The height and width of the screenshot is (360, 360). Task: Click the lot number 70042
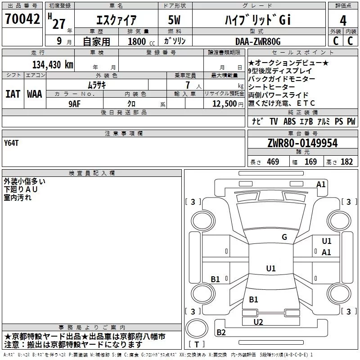click(x=22, y=19)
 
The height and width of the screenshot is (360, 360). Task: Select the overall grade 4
click(x=343, y=20)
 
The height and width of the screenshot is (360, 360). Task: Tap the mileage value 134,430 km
click(x=53, y=65)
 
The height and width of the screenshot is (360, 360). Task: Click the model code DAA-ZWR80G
click(x=258, y=41)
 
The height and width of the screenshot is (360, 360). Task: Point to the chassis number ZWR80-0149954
click(x=302, y=143)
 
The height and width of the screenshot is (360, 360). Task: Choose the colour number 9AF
click(x=75, y=104)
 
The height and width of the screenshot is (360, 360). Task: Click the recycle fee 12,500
click(x=224, y=104)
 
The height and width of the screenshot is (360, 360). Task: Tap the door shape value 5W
click(x=174, y=20)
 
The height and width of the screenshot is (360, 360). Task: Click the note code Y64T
click(x=11, y=143)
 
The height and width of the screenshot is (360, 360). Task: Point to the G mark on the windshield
click(x=284, y=237)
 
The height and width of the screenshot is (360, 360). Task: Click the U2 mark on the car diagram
click(x=258, y=322)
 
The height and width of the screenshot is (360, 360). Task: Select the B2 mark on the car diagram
click(x=221, y=333)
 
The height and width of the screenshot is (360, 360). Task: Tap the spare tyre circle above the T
click(x=197, y=328)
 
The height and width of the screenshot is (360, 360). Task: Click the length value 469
click(x=273, y=162)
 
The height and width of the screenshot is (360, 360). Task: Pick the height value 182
click(x=346, y=162)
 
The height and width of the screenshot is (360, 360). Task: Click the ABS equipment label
click(x=289, y=121)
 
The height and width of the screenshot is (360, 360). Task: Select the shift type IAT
click(x=13, y=94)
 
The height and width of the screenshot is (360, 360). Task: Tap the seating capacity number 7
click(x=188, y=85)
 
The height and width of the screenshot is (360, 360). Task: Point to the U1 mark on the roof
click(x=271, y=268)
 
